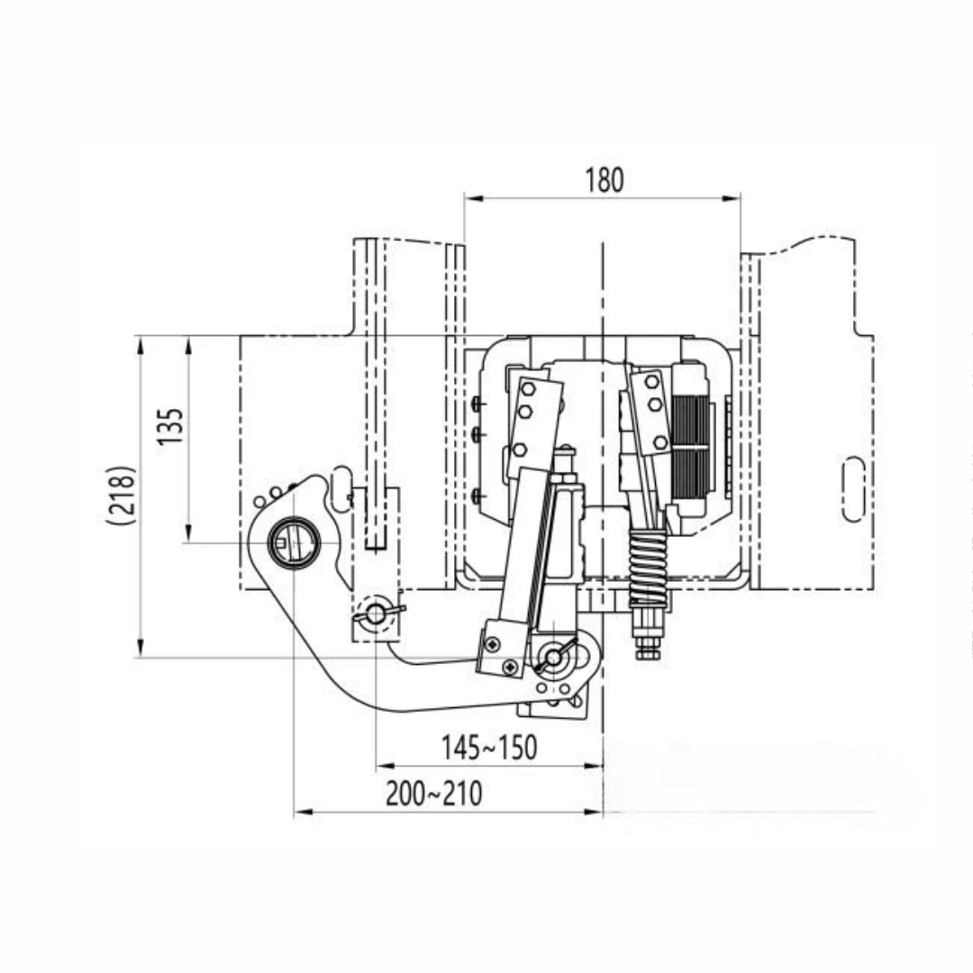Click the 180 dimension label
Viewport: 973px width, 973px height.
[604, 180]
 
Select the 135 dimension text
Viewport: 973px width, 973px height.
[170, 425]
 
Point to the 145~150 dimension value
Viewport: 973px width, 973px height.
[489, 747]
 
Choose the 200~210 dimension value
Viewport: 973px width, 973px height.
[433, 793]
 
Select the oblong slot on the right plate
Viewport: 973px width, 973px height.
[853, 489]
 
